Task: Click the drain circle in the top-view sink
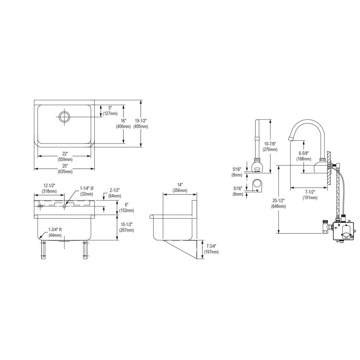(64, 117)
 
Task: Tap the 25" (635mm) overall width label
(65, 169)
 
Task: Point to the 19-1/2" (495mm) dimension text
(141, 124)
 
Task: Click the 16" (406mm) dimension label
(123, 124)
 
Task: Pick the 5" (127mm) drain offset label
(110, 111)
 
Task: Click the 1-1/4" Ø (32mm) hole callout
(87, 191)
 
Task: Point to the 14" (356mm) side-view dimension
(180, 187)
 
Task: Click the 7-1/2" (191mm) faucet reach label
(310, 195)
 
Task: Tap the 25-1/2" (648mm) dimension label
(278, 203)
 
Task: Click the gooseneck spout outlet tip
(290, 139)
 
